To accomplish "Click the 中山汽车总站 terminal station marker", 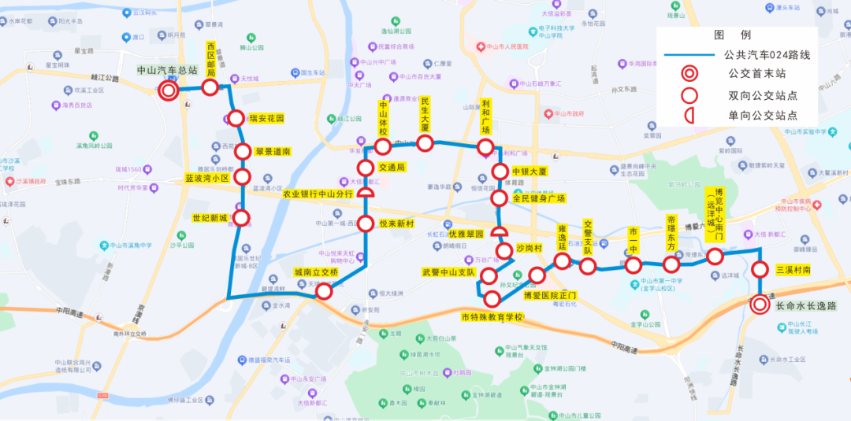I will [168, 91].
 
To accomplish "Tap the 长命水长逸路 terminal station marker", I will [760, 305].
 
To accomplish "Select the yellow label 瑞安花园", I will [266, 119].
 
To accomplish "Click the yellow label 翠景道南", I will [273, 152].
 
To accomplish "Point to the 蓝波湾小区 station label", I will [206, 178].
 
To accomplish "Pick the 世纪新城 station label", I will [208, 218].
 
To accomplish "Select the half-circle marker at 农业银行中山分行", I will [366, 194].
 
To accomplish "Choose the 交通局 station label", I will [392, 168].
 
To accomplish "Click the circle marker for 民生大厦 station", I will [425, 142].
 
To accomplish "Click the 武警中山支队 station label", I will [449, 272].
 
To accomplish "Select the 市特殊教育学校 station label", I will [492, 317].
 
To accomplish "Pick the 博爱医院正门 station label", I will [550, 296].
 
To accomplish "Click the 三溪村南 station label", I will [793, 270].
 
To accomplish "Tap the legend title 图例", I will [733, 35].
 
